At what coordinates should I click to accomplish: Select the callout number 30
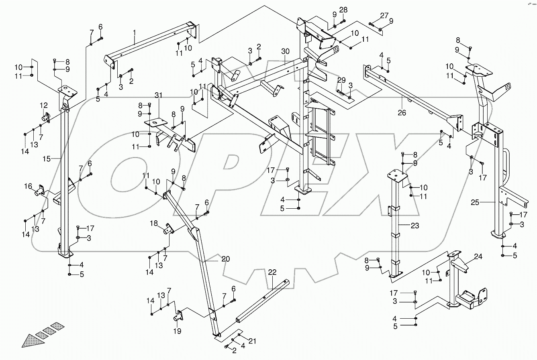coord(285,51)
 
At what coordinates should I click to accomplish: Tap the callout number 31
coord(158,95)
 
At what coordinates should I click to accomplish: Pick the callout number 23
coord(414,226)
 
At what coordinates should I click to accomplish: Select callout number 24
coord(478,256)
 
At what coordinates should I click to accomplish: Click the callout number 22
coord(272,273)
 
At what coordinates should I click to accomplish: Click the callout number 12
coord(43,106)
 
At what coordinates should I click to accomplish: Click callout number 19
coord(177,331)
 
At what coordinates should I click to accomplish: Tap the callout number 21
coord(252,341)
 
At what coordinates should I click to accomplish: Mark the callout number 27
coord(384,16)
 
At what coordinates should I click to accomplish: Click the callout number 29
coord(341,80)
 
